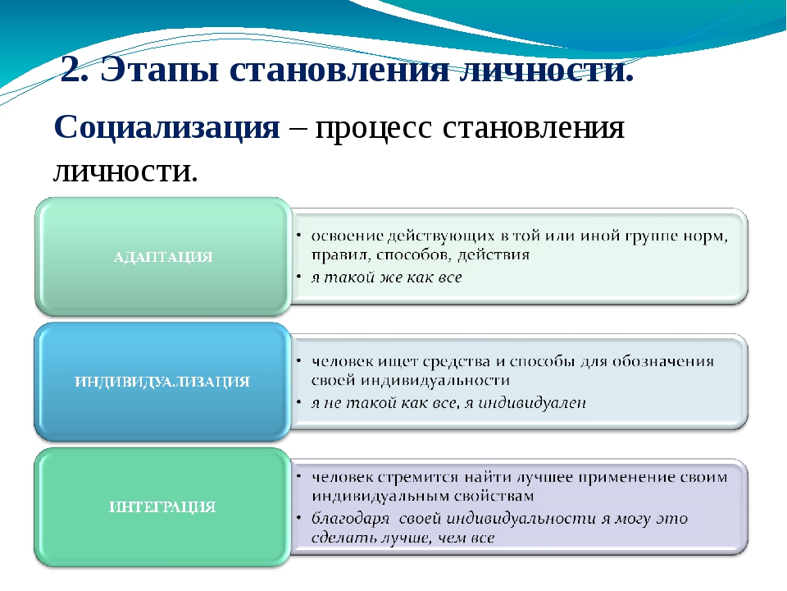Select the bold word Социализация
[x=166, y=127]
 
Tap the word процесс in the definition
[x=373, y=129]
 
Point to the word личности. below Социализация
[x=125, y=172]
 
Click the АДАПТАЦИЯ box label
[x=163, y=257]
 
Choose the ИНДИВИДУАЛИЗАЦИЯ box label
[x=162, y=382]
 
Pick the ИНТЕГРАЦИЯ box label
[x=162, y=506]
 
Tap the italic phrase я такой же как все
[x=386, y=277]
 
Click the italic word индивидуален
[x=532, y=402]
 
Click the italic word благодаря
[x=350, y=519]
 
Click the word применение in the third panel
[x=626, y=478]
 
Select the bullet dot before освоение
[x=298, y=236]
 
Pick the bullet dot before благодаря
[x=298, y=518]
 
